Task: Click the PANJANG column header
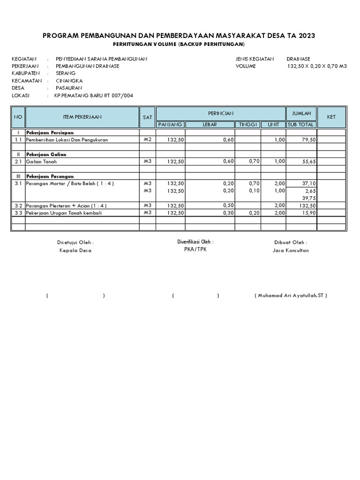coord(171,124)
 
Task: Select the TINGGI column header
coord(247,124)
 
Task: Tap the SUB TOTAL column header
coord(301,124)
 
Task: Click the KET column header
coord(331,117)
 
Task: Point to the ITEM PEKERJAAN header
coord(82,117)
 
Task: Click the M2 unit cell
coord(148,140)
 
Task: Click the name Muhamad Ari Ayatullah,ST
coord(291,296)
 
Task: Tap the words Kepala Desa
coord(75,250)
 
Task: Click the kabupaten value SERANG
coord(65,74)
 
